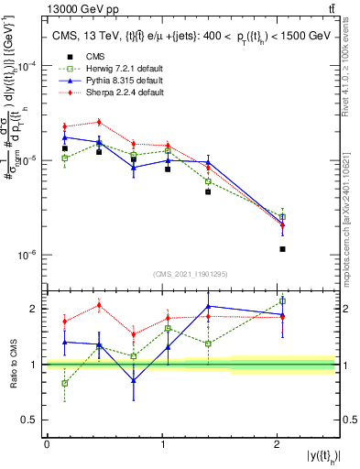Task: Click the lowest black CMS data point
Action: tap(283, 249)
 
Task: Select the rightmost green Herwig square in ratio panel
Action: tap(283, 300)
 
